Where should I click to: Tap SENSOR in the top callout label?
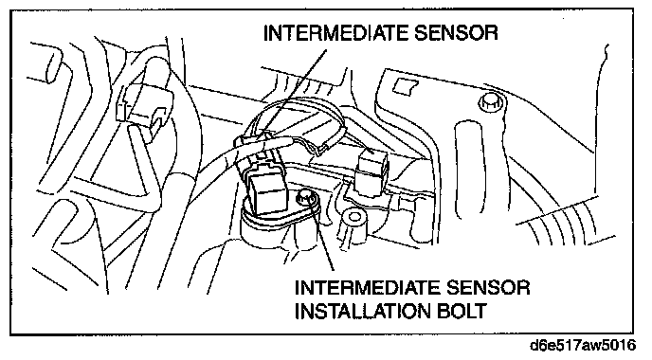coord(456,33)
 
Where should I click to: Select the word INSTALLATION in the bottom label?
coord(362,311)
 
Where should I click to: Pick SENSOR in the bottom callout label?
coord(488,288)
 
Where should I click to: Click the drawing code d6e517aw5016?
coord(583,345)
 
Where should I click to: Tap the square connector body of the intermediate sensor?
coord(267,192)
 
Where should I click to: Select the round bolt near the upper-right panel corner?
coord(489,102)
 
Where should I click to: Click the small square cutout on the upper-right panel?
coord(406,86)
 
